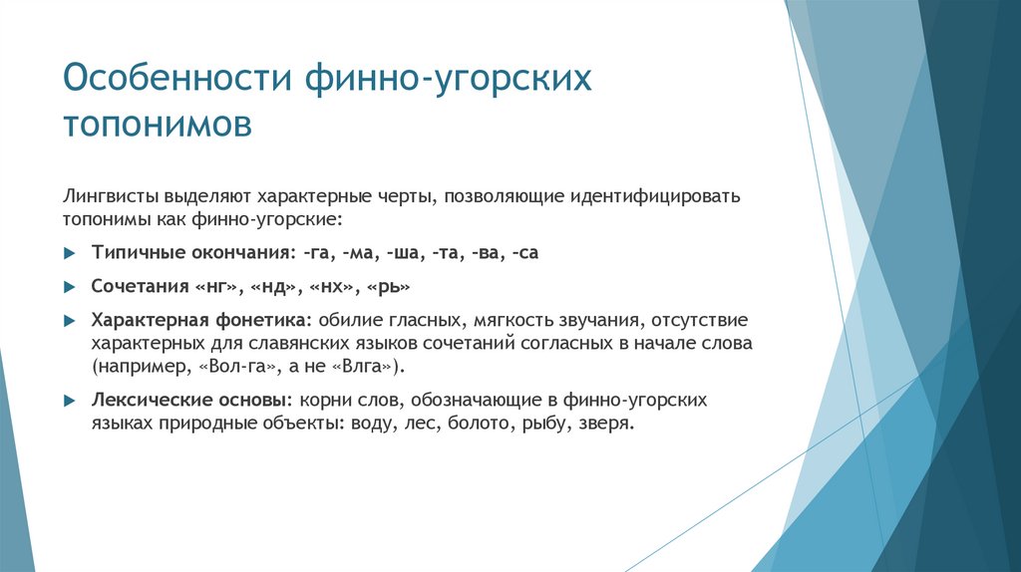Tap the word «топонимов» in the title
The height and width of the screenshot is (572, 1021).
[158, 127]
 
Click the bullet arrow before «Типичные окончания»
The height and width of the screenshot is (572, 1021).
[69, 253]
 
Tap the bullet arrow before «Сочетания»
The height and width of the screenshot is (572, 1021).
[69, 286]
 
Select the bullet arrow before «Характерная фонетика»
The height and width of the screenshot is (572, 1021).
[69, 320]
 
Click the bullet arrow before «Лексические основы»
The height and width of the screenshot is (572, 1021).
[69, 400]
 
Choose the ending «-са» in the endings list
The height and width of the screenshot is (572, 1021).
[524, 252]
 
